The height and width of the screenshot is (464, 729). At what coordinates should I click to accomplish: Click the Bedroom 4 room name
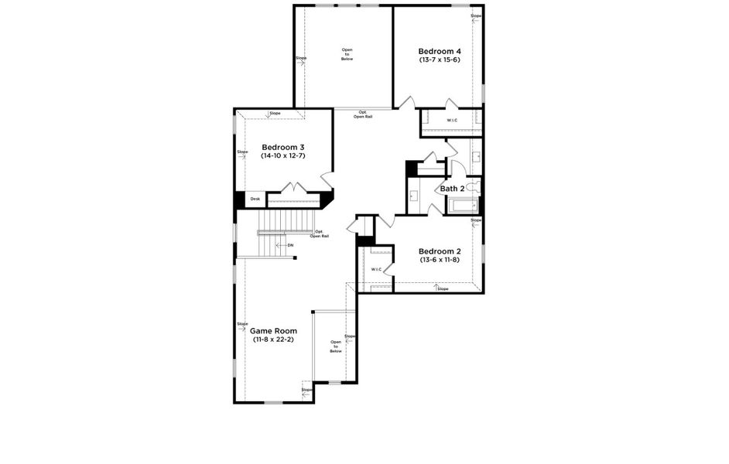[x=440, y=52]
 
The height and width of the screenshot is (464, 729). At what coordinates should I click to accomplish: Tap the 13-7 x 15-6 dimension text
[x=440, y=60]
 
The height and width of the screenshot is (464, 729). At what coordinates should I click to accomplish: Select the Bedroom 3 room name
[x=282, y=147]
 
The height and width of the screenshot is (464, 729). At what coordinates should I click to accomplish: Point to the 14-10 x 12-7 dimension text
[x=282, y=155]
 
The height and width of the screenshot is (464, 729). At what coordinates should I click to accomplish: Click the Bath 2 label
[x=452, y=189]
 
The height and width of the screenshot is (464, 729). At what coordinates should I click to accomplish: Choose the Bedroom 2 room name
[x=440, y=251]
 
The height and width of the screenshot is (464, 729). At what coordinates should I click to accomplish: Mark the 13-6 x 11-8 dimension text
[x=440, y=260]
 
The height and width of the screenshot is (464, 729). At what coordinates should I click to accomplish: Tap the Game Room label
[x=273, y=331]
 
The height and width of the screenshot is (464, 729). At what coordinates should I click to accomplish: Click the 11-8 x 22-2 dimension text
[x=273, y=339]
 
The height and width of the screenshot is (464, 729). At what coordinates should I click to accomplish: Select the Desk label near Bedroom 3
[x=255, y=200]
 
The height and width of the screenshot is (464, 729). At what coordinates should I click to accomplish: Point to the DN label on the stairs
[x=290, y=245]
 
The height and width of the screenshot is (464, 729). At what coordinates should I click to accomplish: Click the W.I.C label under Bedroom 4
[x=452, y=121]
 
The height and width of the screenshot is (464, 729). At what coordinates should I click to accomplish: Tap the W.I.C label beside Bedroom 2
[x=376, y=269]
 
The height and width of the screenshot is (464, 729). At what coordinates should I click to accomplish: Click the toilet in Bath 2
[x=473, y=187]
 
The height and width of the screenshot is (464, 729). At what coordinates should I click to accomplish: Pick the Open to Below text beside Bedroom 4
[x=347, y=54]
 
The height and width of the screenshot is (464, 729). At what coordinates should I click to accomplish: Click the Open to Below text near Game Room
[x=336, y=346]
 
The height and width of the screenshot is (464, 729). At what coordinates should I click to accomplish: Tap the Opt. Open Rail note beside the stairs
[x=320, y=234]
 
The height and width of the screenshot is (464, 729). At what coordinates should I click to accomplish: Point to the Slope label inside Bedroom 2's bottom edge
[x=442, y=288]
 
